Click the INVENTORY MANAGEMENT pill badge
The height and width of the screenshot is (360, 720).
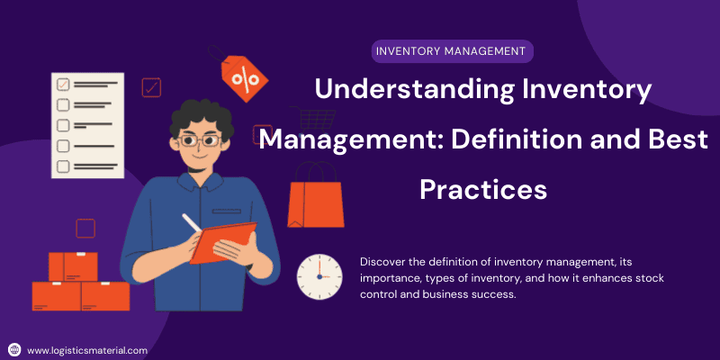[450, 50]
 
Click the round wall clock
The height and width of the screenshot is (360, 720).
[319, 276]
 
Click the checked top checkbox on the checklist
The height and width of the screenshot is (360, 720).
[63, 85]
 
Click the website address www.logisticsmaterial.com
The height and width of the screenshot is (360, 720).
[86, 350]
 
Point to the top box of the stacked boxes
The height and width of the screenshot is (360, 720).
[73, 266]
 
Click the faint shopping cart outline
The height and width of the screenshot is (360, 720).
[315, 121]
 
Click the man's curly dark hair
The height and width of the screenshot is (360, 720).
[201, 112]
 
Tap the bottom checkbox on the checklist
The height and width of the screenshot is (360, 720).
[63, 166]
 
